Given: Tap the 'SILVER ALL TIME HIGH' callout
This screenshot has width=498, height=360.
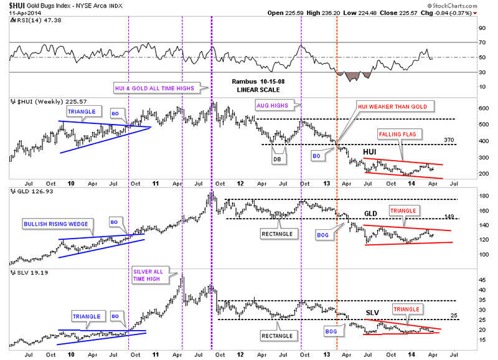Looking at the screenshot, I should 147,275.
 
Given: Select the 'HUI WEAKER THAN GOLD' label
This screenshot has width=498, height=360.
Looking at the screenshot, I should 392,107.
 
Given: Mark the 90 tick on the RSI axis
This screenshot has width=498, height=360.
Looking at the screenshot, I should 481,28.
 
